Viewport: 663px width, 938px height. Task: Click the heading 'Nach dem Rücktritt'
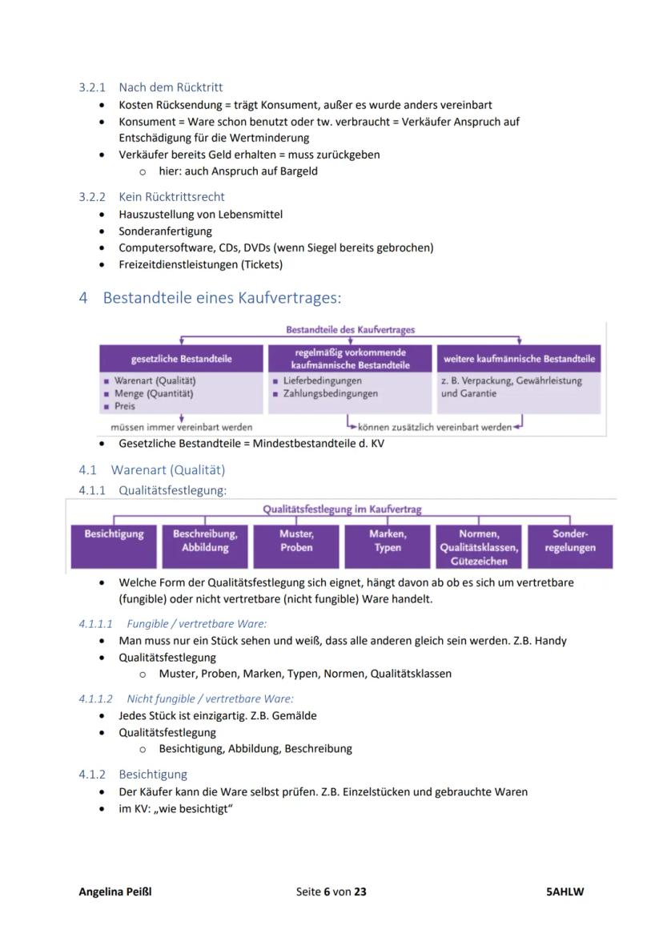pos(171,87)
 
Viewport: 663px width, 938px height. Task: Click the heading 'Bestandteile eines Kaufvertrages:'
pos(222,298)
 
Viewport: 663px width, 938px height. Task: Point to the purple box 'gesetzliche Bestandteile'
pos(181,359)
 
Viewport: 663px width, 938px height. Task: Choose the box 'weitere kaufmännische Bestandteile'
pos(519,359)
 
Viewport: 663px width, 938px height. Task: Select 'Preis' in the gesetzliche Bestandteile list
pos(125,406)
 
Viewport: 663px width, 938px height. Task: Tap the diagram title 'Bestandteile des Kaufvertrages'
pos(350,329)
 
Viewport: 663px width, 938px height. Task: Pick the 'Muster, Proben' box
pos(296,541)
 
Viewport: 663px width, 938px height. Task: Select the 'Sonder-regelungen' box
pos(570,541)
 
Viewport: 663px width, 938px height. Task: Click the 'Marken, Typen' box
pos(388,541)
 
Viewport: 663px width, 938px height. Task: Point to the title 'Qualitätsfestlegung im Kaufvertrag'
pos(342,509)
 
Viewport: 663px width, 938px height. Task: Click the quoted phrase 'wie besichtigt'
pos(195,808)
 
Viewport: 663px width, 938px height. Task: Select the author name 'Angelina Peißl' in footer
pos(115,892)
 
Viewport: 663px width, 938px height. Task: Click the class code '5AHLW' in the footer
pos(565,892)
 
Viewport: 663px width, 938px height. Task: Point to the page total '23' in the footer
pos(360,892)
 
